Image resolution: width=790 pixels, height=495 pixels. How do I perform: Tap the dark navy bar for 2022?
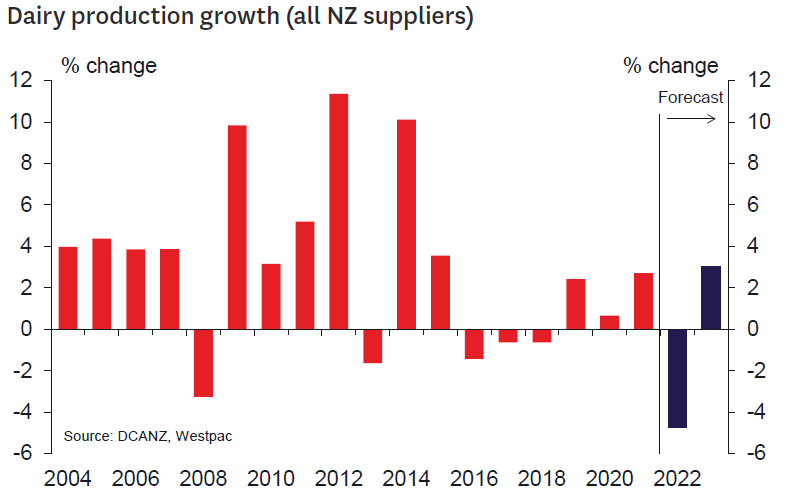677,378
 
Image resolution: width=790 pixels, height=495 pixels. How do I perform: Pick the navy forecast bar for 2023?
711,297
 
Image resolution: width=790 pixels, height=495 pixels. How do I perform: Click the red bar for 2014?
406,224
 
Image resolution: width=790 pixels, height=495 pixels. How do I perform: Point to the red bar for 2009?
237,227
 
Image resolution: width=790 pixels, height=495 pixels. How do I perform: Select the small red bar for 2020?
609,322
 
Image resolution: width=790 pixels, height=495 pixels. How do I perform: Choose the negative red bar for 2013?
372,346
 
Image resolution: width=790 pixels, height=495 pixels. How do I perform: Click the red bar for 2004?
68,288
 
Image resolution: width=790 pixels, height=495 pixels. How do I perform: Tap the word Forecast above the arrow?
690,97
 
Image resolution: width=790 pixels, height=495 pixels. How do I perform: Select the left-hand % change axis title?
109,66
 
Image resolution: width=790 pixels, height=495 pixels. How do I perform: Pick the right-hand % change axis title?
670,66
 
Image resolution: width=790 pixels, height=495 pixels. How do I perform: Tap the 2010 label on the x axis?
270,478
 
